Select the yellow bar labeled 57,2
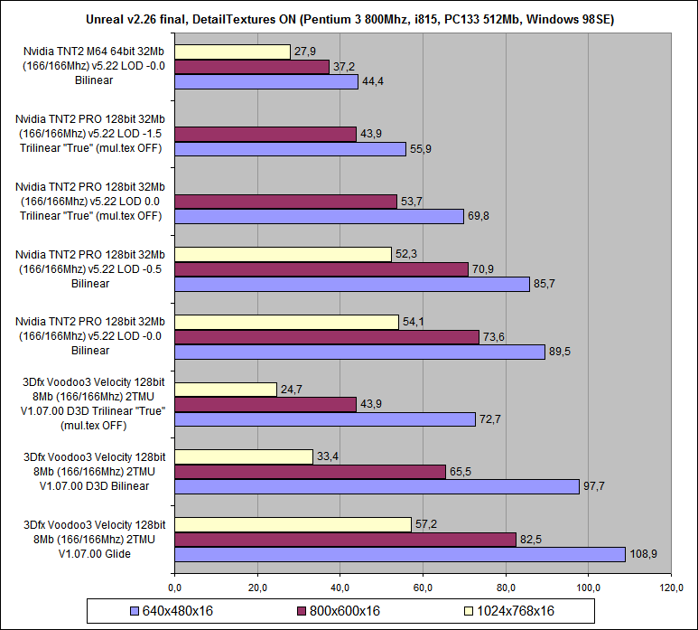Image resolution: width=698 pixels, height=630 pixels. (292, 524)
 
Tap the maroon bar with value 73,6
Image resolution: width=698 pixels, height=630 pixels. (326, 337)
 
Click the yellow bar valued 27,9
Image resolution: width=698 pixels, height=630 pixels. (231, 52)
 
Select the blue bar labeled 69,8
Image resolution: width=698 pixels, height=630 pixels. (318, 217)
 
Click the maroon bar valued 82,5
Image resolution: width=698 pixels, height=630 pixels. (344, 540)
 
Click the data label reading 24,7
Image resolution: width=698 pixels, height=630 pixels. (292, 390)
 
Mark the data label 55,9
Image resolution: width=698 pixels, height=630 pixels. (421, 149)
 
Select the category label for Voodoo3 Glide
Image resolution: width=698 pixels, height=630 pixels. (88, 540)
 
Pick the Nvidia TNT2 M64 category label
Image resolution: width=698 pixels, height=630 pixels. (88, 67)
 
